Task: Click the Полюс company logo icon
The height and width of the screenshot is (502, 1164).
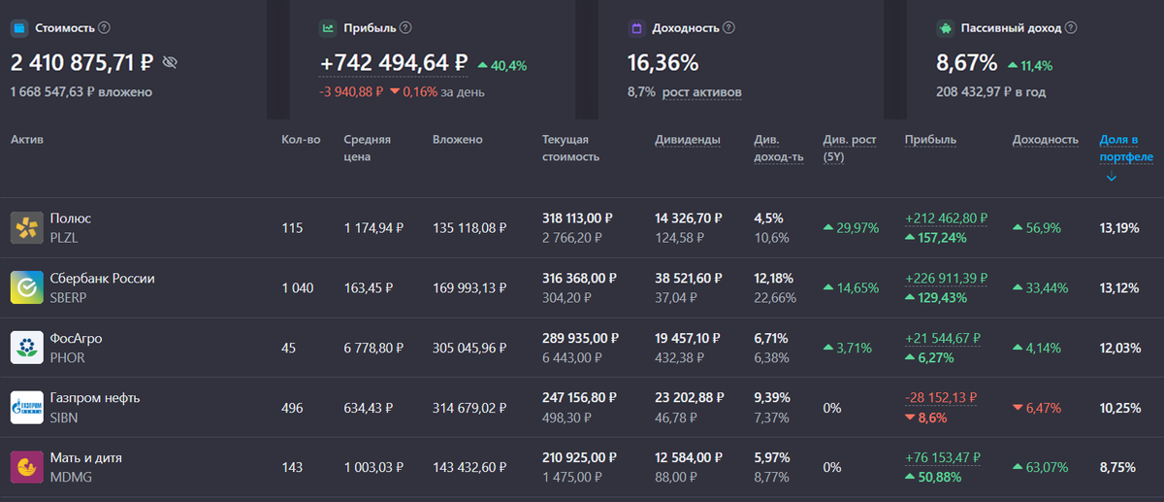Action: (26, 228)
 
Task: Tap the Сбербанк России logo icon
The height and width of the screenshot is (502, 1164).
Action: (26, 287)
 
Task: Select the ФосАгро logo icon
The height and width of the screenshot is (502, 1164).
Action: (26, 348)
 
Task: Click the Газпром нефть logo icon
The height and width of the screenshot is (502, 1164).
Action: (26, 407)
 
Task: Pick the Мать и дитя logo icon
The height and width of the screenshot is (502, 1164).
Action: (26, 467)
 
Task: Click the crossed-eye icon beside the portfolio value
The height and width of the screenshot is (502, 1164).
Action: (170, 63)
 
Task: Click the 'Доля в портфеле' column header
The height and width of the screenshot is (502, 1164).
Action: (1125, 148)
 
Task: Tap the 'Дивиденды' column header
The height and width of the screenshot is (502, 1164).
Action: (688, 140)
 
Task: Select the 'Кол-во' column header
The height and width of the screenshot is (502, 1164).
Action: (301, 140)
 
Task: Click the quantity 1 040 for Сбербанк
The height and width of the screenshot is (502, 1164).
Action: (298, 288)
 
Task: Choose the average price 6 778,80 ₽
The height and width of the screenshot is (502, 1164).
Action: (373, 348)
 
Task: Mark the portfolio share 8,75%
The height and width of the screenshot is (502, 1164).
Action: (1119, 467)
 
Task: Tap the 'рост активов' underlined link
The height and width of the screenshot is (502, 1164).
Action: (702, 92)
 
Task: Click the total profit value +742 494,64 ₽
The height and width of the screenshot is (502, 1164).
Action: (394, 63)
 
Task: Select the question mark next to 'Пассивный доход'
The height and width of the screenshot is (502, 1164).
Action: (1071, 28)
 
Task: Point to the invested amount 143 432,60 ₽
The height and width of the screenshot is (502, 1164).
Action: (469, 467)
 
